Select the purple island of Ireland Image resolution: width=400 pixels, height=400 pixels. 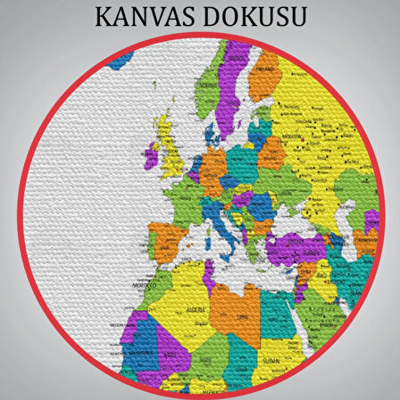[x=152, y=157]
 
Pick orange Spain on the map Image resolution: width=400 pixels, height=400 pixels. [x=165, y=238]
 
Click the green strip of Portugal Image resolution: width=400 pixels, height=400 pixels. [x=148, y=243]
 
